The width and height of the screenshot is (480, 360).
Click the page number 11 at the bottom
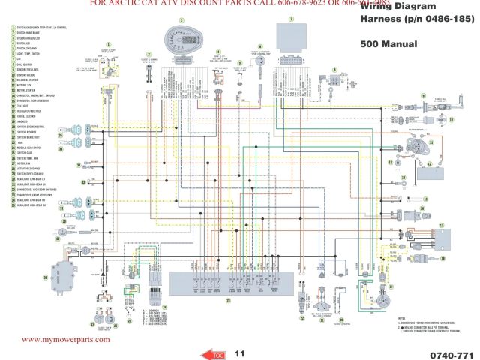pyautogui.click(x=240, y=353)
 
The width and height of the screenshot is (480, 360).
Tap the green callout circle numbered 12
pyautogui.click(x=429, y=163)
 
